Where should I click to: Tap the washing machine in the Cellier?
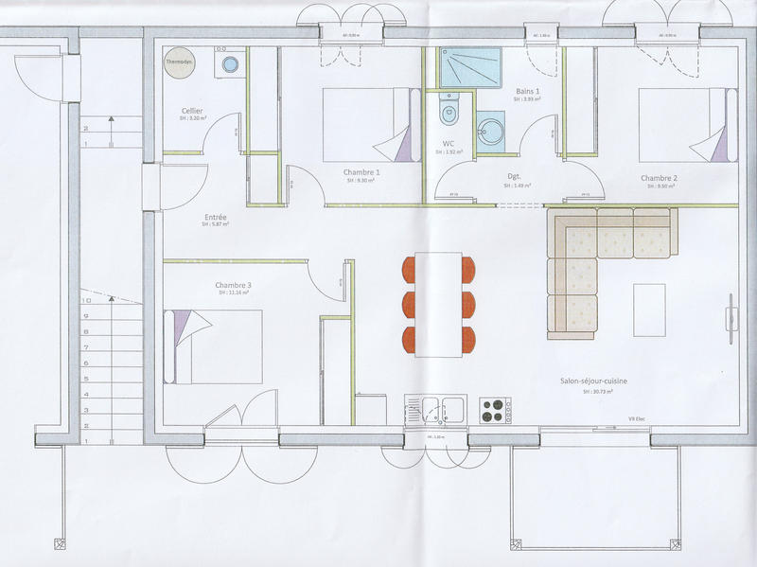230,65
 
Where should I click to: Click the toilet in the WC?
449,114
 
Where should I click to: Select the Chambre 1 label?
361,172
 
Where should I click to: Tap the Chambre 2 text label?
659,178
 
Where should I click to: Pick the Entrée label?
215,217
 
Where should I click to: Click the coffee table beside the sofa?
649,309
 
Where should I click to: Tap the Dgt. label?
515,176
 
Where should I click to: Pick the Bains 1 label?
528,91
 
